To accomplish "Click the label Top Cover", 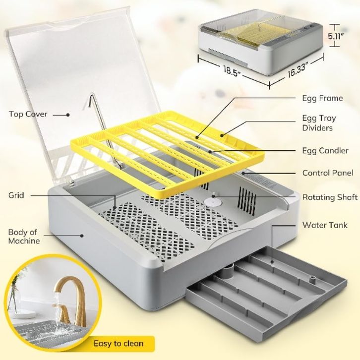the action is click(28, 114).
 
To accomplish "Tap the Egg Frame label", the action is click(322, 98).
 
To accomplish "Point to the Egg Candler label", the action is click(325, 150).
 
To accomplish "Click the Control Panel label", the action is click(328, 173).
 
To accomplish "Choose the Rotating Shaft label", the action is click(330, 197).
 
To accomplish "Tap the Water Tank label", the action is click(322, 225).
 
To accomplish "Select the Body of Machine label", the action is click(23, 237).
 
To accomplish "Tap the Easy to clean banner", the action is click(119, 343).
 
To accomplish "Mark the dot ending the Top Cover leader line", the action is click(68, 115).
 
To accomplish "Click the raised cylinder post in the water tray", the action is click(228, 272).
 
